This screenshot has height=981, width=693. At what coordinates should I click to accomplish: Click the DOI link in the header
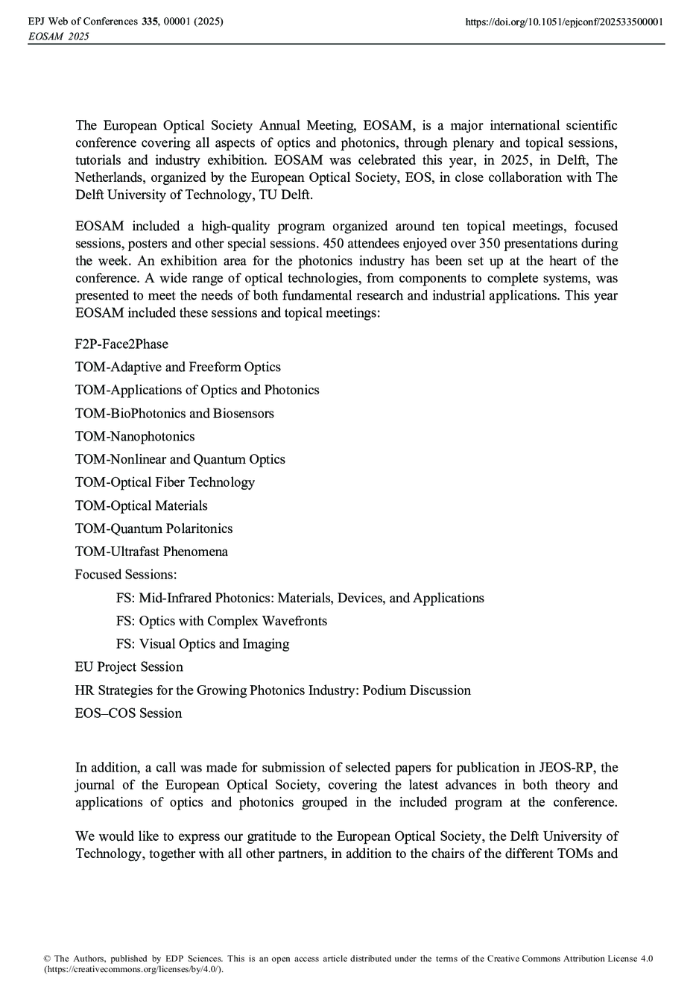point(564,22)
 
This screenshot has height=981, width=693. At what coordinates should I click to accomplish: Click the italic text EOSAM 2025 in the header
point(57,36)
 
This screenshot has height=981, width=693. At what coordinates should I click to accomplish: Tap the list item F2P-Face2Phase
point(121,344)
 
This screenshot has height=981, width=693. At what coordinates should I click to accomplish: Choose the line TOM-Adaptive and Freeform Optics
point(177,367)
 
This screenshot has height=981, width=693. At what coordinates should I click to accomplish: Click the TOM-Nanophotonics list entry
point(135,436)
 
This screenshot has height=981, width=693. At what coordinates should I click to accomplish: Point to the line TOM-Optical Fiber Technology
point(165,482)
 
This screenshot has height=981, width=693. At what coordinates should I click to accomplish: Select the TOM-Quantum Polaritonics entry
point(154,529)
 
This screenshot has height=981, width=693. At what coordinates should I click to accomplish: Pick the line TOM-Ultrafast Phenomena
point(151,552)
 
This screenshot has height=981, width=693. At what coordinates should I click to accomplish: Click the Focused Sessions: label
point(126,575)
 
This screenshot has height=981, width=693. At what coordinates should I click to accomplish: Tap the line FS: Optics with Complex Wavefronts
point(221,621)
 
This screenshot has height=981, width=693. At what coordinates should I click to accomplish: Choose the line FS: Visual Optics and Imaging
point(203,644)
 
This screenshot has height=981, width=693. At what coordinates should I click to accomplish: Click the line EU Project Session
point(129,667)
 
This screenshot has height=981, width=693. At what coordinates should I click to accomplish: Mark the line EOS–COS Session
point(128,713)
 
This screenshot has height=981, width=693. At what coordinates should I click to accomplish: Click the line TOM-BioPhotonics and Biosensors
point(174,413)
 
